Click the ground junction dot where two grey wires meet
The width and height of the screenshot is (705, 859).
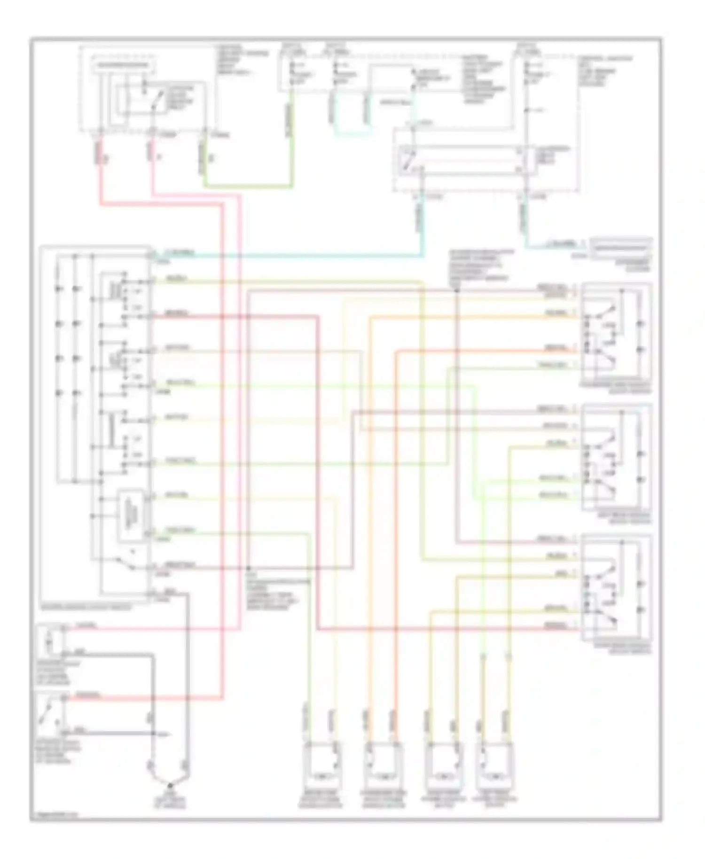point(170,785)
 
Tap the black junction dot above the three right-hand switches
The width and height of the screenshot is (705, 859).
point(456,290)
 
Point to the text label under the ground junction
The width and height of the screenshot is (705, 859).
point(170,801)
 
